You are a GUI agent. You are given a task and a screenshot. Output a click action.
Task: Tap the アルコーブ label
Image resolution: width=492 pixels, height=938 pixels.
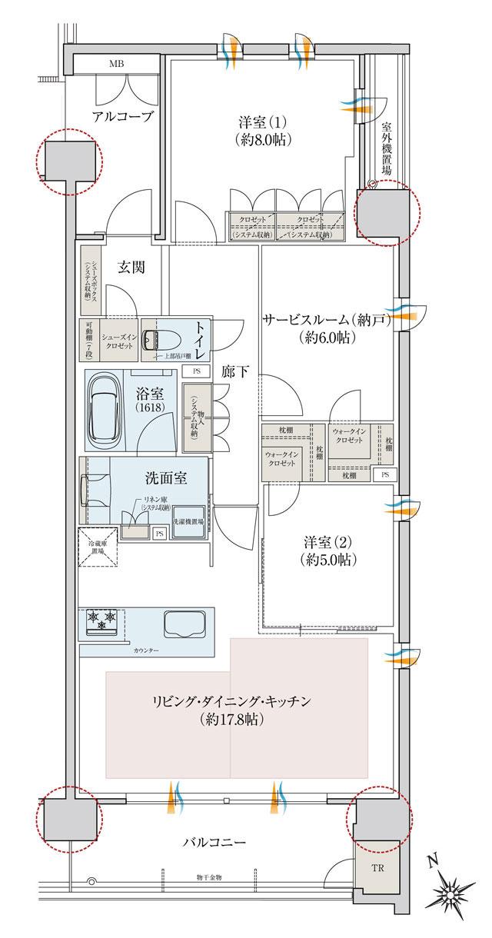[123, 117]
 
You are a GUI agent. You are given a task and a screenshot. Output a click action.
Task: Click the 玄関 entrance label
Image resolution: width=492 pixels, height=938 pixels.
[132, 268]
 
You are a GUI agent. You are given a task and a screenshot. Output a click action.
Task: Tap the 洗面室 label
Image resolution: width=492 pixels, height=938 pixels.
[166, 478]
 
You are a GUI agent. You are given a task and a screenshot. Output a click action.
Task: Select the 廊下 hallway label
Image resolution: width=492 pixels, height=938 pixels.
[235, 371]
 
